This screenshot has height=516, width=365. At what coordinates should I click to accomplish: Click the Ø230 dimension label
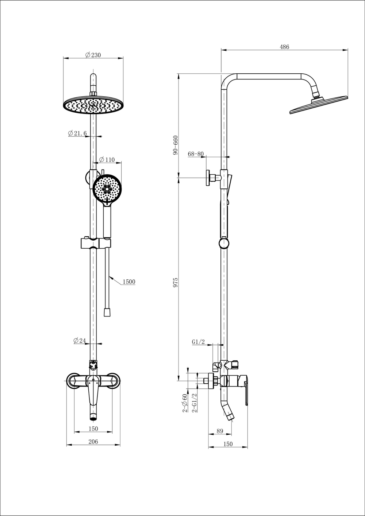[x=93, y=55]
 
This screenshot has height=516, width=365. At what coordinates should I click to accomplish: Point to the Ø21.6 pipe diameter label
[x=77, y=133]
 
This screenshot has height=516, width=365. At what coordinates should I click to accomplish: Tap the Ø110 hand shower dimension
[x=107, y=160]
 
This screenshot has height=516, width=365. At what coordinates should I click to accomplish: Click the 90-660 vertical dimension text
[x=176, y=146]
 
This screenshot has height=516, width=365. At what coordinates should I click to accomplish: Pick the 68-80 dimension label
[x=196, y=154]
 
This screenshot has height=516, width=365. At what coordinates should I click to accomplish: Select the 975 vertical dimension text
[x=176, y=283]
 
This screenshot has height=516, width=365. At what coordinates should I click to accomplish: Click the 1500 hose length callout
[x=129, y=282]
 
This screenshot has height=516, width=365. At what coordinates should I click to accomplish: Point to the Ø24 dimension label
[x=80, y=341]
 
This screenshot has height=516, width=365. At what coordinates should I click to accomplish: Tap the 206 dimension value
[x=93, y=442]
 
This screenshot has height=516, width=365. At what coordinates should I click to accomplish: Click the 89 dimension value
[x=220, y=431]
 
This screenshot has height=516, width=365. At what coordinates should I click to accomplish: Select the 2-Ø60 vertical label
[x=185, y=403]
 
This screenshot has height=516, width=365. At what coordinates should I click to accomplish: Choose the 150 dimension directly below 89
[x=227, y=444]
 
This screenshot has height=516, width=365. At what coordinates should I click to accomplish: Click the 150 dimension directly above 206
[x=93, y=428]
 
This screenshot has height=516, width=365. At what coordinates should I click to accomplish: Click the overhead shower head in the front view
[x=93, y=105]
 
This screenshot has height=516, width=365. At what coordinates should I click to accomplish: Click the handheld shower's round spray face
[x=107, y=189]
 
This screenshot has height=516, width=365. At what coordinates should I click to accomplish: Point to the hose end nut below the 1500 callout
[x=107, y=312]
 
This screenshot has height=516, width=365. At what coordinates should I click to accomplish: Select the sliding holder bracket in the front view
[x=95, y=243]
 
